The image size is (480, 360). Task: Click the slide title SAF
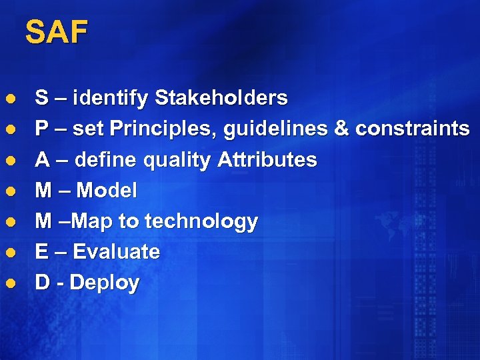tap(56, 33)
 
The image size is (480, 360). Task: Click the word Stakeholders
tap(221, 99)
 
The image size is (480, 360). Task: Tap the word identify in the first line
tap(111, 99)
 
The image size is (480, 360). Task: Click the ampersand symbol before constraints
tap(341, 129)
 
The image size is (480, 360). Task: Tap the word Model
tap(107, 191)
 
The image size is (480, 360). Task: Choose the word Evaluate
tap(116, 252)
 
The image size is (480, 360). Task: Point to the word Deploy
tap(105, 283)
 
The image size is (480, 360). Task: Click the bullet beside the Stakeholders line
tap(9, 99)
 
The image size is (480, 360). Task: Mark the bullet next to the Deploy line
tap(9, 283)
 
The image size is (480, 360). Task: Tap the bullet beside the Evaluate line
tap(9, 253)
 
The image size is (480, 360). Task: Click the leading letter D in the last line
tap(42, 283)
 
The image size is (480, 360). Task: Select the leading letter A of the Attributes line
tap(42, 160)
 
